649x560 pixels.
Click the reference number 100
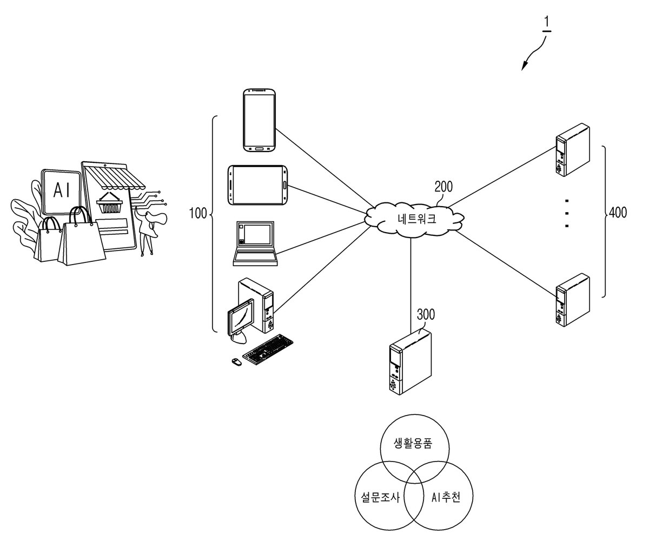tap(198, 213)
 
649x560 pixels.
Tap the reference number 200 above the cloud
tap(443, 187)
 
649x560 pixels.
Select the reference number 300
tap(426, 314)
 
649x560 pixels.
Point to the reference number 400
tap(618, 212)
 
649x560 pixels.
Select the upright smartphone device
tap(260, 120)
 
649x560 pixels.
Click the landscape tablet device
tap(257, 185)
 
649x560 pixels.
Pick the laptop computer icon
tap(255, 243)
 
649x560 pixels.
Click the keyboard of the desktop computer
tap(268, 350)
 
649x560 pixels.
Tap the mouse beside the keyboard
tap(236, 362)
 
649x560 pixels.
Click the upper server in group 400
tap(573, 150)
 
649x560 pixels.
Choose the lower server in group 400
tap(573, 300)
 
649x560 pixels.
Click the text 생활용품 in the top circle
tap(413, 443)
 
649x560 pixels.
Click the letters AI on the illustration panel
tap(62, 190)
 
